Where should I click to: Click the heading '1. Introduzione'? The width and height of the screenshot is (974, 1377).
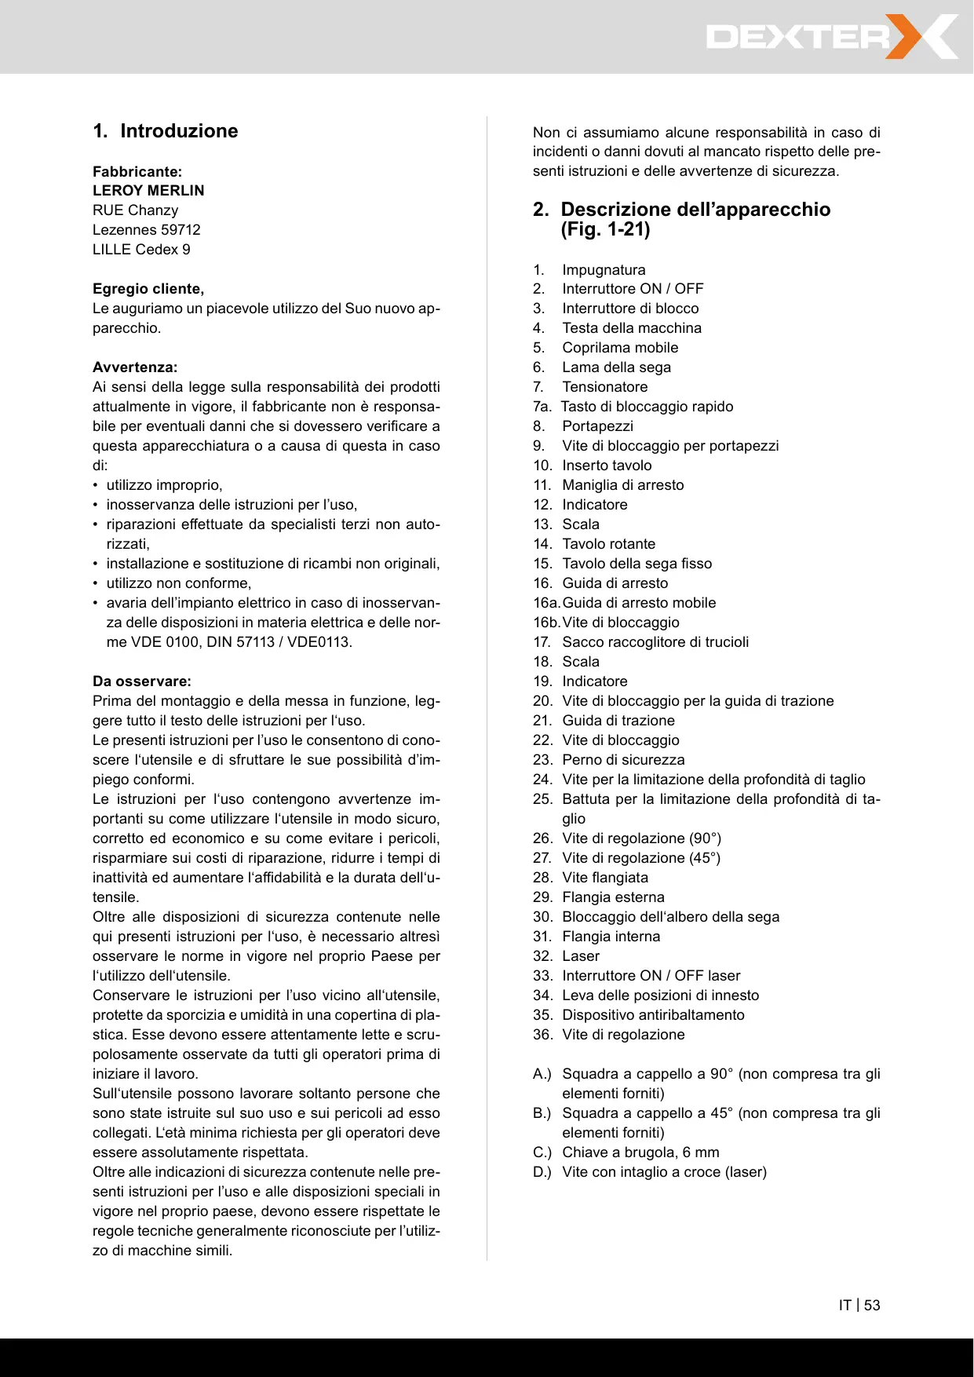(166, 131)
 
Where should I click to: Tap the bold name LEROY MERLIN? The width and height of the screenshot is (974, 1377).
(148, 191)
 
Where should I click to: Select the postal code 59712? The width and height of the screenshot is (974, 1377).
(181, 230)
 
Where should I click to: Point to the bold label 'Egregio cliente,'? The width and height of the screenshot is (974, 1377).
(148, 289)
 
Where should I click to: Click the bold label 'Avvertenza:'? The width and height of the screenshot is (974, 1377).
(135, 367)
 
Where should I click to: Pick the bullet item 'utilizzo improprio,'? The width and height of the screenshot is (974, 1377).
(164, 485)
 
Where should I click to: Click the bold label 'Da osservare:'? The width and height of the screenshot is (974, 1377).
(142, 681)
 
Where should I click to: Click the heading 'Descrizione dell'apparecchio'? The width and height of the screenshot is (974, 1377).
(695, 210)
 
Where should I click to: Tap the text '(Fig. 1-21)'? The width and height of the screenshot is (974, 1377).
(605, 229)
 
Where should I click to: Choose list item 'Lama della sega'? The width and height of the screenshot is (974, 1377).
(616, 367)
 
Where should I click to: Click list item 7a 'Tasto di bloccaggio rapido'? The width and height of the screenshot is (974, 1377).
(647, 407)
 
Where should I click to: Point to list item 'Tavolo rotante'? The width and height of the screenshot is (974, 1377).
(608, 544)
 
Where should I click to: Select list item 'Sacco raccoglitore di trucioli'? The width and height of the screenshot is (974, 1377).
(655, 642)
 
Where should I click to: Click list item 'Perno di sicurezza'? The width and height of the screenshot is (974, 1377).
(623, 760)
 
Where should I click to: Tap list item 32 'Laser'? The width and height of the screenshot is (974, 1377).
(581, 956)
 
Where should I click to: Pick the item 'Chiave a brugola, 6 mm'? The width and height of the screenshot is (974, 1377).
(640, 1152)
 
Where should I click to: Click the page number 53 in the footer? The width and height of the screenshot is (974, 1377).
(872, 1306)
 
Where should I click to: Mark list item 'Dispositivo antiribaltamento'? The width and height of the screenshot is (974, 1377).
(653, 1015)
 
